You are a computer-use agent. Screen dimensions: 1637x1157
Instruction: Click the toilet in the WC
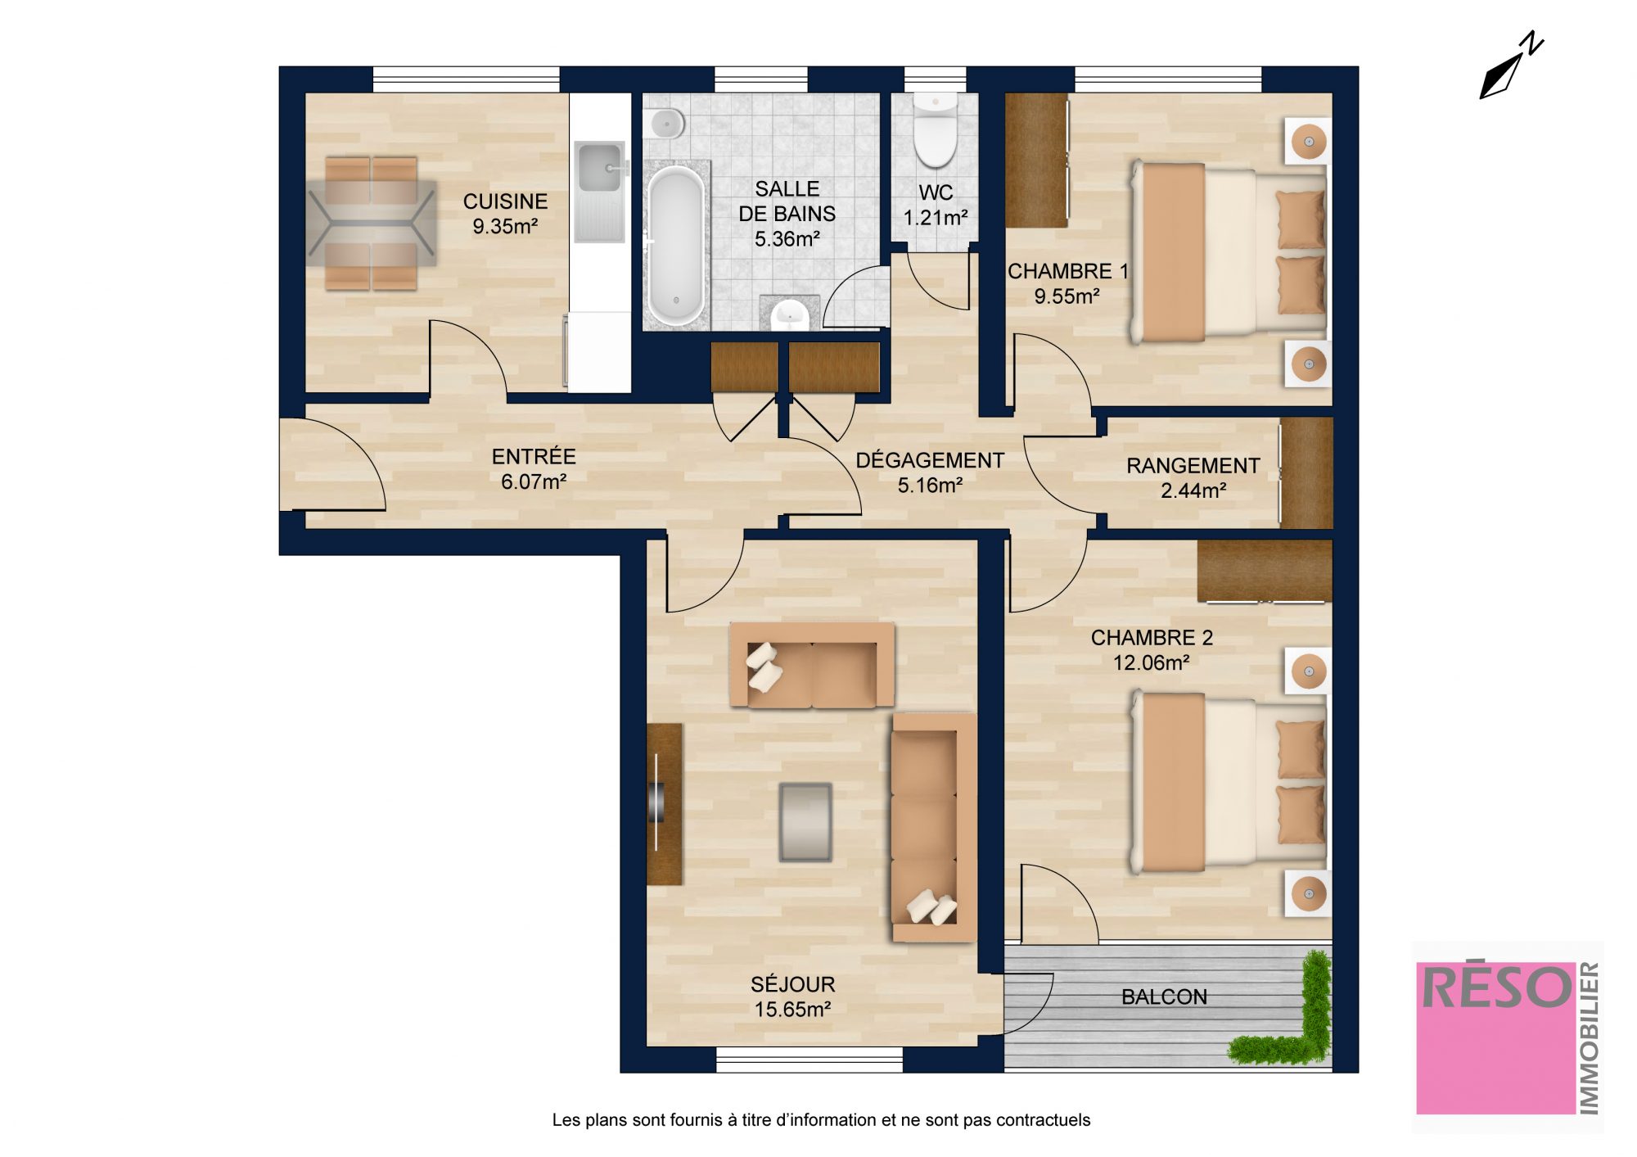coord(934,130)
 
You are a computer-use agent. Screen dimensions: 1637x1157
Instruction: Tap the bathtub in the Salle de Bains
coord(675,245)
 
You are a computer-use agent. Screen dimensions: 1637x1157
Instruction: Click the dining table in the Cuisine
coord(372,224)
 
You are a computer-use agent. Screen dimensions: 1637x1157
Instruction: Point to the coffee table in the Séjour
coord(805,822)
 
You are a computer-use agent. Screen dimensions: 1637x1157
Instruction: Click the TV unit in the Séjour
coord(664,804)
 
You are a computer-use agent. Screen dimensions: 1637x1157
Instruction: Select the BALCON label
coord(1164,997)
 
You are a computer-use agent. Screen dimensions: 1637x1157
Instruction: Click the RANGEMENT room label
coord(1193,465)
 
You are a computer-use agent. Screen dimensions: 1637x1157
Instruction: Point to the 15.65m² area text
coord(792,1010)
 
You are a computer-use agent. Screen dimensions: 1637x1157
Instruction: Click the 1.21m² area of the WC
coord(936,218)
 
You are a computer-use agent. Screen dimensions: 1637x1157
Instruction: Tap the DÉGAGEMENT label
coord(930,459)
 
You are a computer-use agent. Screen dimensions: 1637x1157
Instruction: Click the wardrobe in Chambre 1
coord(1036,160)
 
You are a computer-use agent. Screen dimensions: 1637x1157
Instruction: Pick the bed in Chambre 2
coord(1229,782)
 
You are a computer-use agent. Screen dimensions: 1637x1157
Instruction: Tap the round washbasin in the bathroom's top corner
coord(667,124)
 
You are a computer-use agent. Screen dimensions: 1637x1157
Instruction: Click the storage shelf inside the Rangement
coord(1306,472)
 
